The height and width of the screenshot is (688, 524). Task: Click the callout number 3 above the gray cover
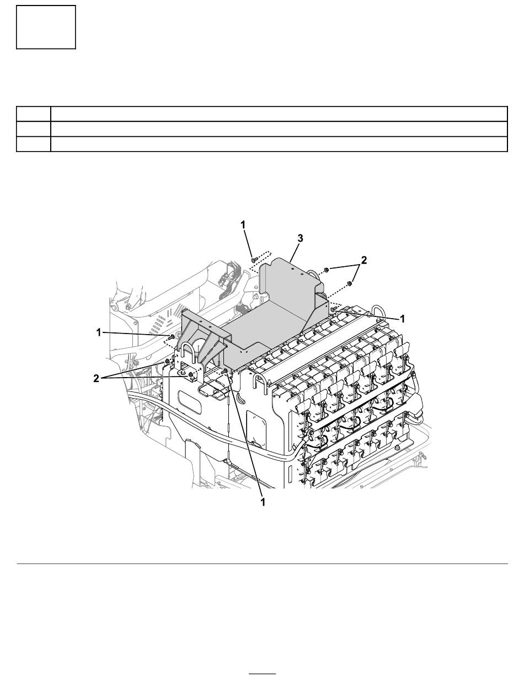point(300,239)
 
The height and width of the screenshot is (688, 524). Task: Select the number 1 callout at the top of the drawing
point(243,225)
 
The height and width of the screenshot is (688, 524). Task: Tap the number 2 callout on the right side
point(363,260)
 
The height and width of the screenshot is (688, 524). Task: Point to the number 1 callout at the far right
point(402,319)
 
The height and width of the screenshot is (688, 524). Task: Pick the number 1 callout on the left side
point(99,332)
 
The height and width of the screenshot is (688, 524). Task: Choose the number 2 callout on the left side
point(96,378)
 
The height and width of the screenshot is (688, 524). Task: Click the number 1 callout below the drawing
point(263,502)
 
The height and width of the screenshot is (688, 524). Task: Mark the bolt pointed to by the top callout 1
point(254,260)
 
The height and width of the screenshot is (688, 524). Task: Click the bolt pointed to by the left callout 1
point(172,337)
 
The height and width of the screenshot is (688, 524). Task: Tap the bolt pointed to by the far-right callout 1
point(334,309)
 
